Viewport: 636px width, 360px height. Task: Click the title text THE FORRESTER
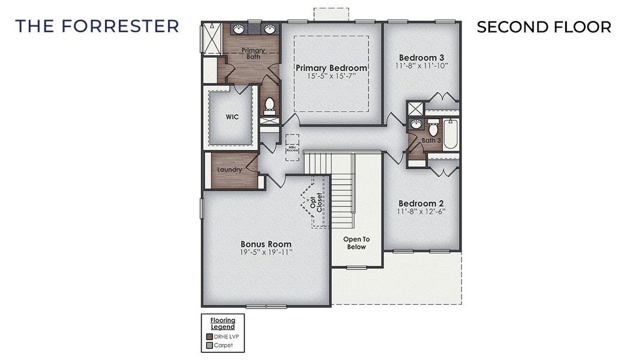tap(97, 26)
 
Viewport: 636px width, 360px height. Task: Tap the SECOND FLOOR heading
tap(544, 28)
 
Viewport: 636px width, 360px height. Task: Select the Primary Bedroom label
tap(331, 68)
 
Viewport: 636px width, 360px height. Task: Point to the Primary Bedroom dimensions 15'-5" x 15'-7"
tap(331, 76)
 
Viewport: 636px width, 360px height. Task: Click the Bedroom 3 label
tap(422, 57)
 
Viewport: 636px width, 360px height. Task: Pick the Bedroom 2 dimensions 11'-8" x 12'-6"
tap(421, 212)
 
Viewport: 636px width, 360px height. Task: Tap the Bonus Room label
tap(266, 244)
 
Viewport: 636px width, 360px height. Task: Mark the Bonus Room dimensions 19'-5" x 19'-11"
tap(266, 253)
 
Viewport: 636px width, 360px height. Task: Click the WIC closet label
tap(232, 117)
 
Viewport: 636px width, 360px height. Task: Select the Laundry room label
tap(230, 170)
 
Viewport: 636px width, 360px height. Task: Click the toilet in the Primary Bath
tap(269, 106)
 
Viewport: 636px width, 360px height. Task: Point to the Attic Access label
tap(292, 148)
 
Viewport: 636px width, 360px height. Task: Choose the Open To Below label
tap(356, 243)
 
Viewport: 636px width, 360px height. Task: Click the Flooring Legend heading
tap(223, 323)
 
